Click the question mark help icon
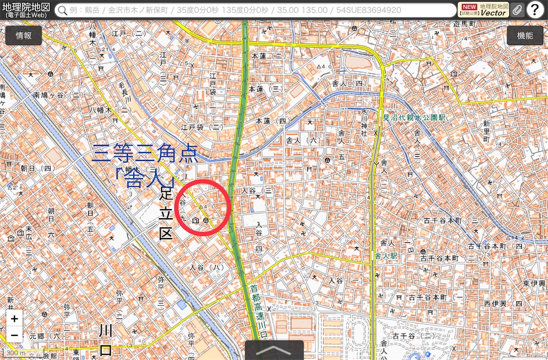pyautogui.click(x=535, y=10)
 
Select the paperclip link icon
pyautogui.click(x=517, y=10)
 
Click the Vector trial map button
pyautogui.click(x=483, y=10)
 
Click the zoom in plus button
pyautogui.click(x=14, y=319)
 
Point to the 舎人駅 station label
pyautogui.click(x=386, y=256)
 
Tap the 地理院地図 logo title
pyautogui.click(x=27, y=9)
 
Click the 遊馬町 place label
pyautogui.click(x=465, y=25)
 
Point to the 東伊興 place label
pyautogui.click(x=534, y=282)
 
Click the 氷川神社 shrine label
pyautogui.click(x=364, y=122)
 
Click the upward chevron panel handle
pyautogui.click(x=274, y=350)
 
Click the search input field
pyautogui.click(x=257, y=10)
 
